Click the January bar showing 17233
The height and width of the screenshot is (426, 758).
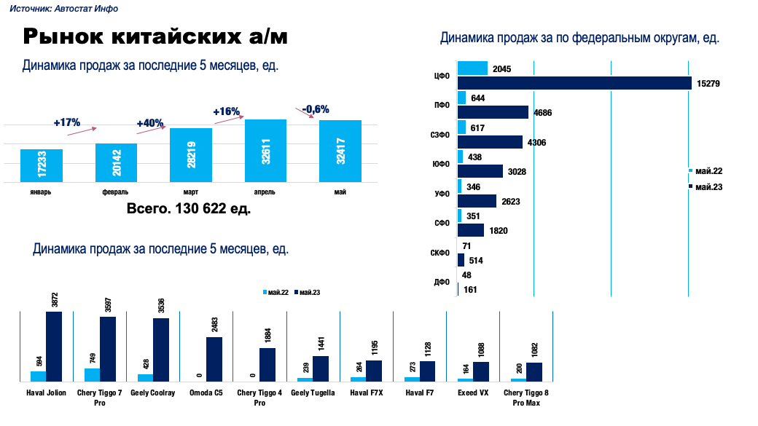click(x=42, y=165)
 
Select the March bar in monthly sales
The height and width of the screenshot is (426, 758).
click(x=191, y=155)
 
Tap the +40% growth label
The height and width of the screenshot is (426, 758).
click(x=150, y=123)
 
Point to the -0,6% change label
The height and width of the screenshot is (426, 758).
click(x=316, y=109)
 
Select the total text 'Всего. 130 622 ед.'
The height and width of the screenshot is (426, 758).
click(x=189, y=209)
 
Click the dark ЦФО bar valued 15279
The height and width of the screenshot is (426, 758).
click(x=574, y=83)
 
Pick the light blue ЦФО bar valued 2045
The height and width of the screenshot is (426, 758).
click(x=472, y=68)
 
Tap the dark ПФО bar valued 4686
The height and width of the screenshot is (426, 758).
click(x=493, y=112)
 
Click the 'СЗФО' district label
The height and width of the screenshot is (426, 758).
click(x=440, y=135)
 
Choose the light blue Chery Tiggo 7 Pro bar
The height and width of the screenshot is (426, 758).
click(x=92, y=374)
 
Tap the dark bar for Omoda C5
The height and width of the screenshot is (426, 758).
click(x=214, y=359)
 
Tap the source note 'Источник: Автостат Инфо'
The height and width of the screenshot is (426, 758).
click(x=63, y=9)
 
